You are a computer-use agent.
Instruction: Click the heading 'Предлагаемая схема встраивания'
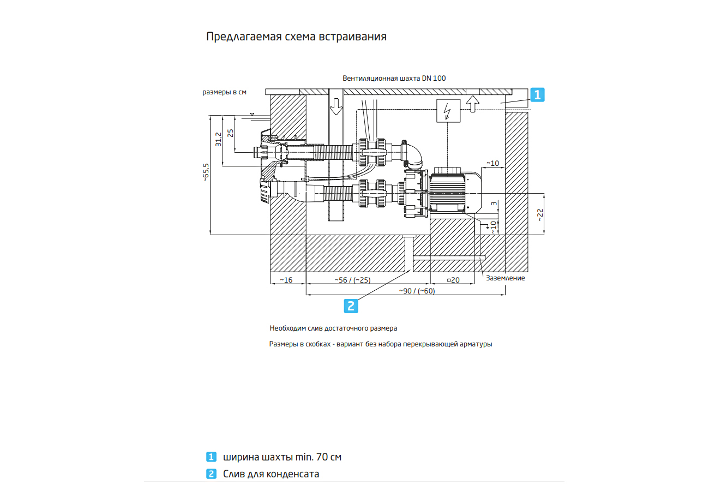click(296, 37)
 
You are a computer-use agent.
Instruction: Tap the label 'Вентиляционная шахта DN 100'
click(394, 79)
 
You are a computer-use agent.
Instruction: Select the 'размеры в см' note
click(225, 92)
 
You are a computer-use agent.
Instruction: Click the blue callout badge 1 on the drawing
click(537, 95)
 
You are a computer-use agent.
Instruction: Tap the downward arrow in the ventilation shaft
click(336, 105)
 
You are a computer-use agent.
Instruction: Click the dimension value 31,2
click(218, 140)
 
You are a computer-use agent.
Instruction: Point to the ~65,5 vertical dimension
click(206, 172)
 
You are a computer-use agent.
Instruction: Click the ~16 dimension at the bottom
click(286, 280)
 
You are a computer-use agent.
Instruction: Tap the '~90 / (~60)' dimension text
click(417, 291)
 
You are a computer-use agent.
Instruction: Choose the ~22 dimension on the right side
click(540, 214)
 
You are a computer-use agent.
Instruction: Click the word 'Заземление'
click(505, 278)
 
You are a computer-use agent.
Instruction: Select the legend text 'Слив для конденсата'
click(271, 474)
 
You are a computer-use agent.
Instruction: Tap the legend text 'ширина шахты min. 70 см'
click(282, 457)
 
